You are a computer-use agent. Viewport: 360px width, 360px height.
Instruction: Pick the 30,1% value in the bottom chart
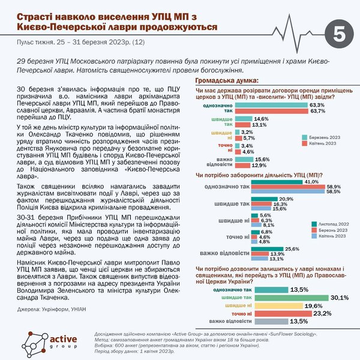338,296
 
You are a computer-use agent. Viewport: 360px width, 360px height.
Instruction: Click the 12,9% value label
259,165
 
